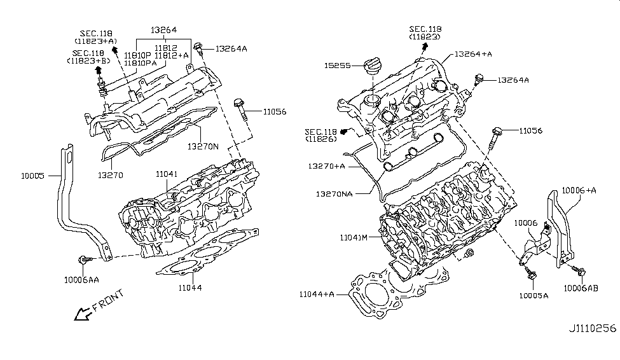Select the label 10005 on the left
(x=33, y=174)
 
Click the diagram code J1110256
(x=593, y=329)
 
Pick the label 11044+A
(x=317, y=294)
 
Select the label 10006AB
(x=580, y=287)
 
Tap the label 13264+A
(x=474, y=54)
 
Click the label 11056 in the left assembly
(x=273, y=111)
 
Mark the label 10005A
(x=532, y=295)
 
